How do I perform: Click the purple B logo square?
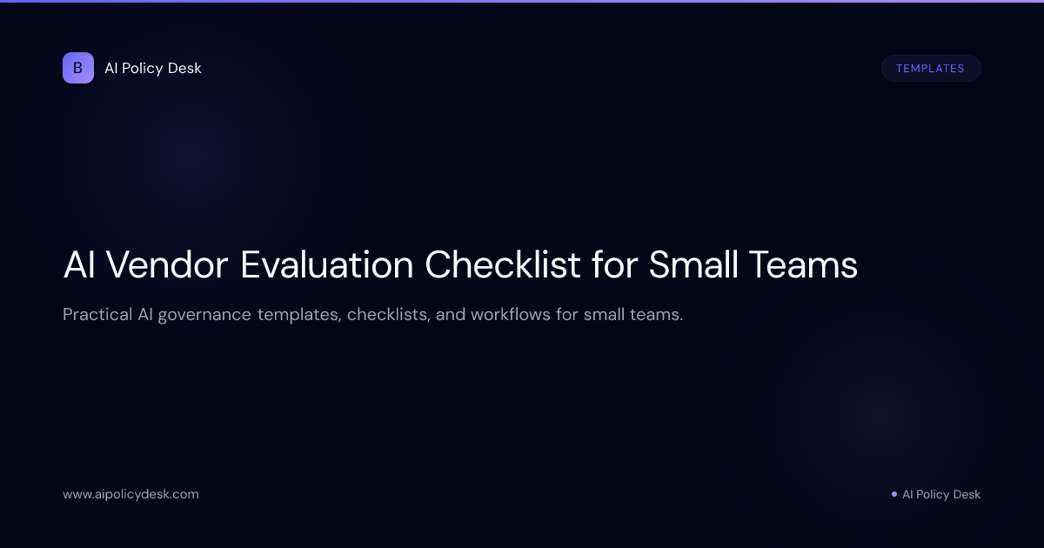78,68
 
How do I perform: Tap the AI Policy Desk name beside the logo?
153,68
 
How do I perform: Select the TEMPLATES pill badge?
930,68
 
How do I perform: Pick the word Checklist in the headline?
502,265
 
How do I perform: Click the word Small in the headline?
694,265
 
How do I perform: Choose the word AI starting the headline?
79,265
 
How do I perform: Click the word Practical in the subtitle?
97,314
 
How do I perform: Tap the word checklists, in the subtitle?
388,314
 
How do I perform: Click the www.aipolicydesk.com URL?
130,494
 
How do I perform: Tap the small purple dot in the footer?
893,494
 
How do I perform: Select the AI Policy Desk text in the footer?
941,494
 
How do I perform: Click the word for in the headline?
614,265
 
